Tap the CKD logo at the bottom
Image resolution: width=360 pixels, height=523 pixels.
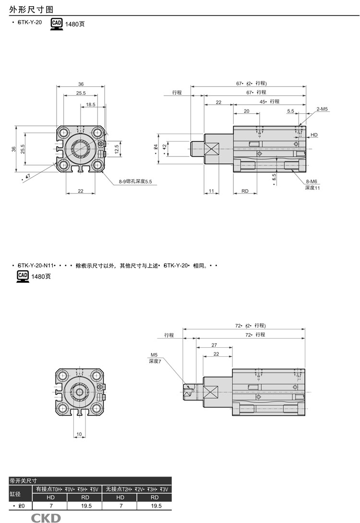(x=46, y=518)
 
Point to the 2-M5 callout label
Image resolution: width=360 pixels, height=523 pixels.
(x=322, y=109)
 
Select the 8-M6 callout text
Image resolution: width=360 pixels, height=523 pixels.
(x=312, y=182)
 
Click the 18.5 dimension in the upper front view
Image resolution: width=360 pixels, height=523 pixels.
(x=90, y=104)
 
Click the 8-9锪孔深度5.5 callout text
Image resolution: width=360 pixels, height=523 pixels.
(x=135, y=182)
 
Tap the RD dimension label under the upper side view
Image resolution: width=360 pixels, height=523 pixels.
(x=245, y=191)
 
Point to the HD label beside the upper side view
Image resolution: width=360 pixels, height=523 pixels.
(x=314, y=135)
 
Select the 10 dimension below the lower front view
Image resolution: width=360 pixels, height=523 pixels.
(x=79, y=434)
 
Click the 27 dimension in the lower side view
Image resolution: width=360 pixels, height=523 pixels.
(x=214, y=345)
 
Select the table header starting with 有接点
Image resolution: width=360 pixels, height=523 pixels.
(x=67, y=489)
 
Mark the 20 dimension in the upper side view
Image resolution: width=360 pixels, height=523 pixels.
(x=247, y=111)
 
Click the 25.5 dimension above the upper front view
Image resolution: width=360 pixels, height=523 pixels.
(x=80, y=93)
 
